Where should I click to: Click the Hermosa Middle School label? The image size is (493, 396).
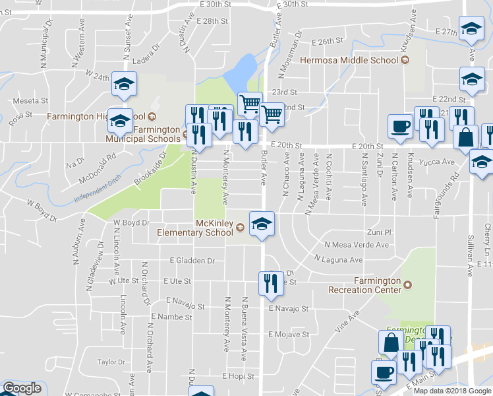tap(349, 60)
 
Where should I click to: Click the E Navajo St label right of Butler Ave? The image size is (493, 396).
tap(289, 308)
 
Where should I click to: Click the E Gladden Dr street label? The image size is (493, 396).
tap(192, 261)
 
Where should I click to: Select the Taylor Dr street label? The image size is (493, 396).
tap(111, 362)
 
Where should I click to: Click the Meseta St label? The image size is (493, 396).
tap(31, 101)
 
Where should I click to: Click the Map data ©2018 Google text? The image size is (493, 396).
tap(452, 391)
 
